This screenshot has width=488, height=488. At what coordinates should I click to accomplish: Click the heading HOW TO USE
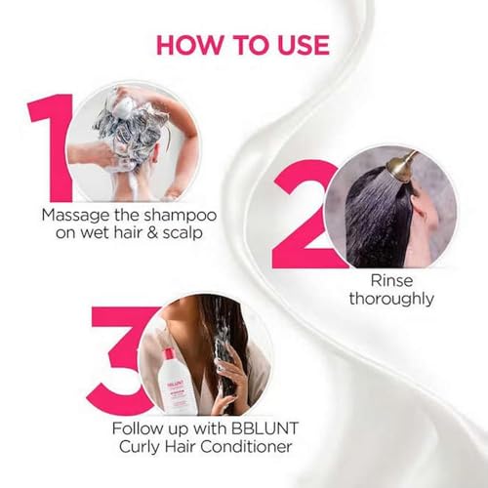point(243,45)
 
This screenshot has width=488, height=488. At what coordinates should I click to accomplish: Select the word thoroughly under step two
point(389,298)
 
